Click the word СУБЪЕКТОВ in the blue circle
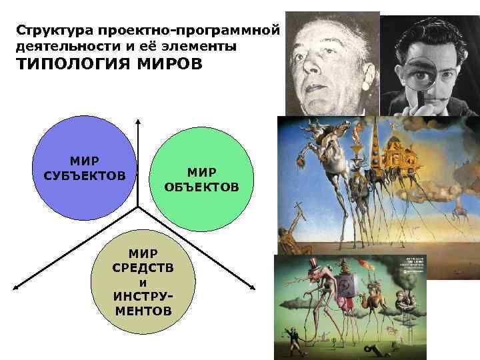pos(84,175)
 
